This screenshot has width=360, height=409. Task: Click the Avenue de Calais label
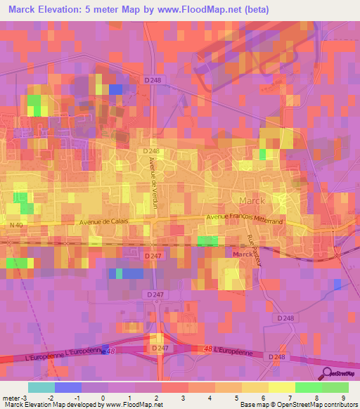click(x=104, y=223)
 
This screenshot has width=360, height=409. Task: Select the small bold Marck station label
click(x=243, y=254)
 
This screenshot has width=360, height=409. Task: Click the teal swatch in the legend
click(x=41, y=387)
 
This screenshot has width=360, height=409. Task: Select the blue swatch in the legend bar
click(x=67, y=387)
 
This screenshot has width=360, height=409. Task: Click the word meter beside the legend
click(x=10, y=397)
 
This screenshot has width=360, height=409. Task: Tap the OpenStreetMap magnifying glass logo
click(x=327, y=374)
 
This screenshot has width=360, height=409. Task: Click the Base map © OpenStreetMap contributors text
click(x=298, y=405)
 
